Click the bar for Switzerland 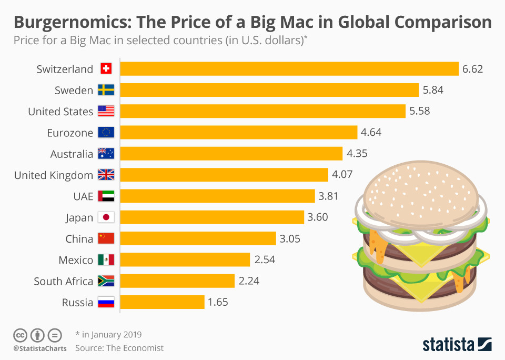289,69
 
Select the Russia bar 162,302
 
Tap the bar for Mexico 185,259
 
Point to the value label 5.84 433,90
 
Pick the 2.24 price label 249,281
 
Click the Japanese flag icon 106,217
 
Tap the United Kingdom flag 106,175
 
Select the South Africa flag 106,281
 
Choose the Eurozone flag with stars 106,133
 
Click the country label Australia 72,154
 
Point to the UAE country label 83,196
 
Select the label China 79,238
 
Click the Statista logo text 448,345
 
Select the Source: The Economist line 119,348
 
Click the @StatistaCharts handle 40,348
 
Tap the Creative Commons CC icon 20,335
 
